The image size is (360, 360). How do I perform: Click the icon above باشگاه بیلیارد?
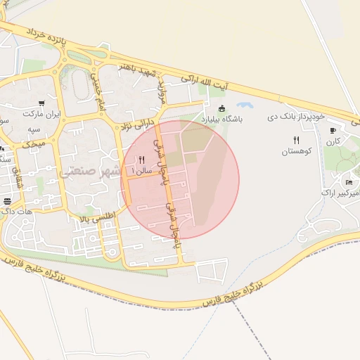click(222, 109)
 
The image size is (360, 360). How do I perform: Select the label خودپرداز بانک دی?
click(297, 115)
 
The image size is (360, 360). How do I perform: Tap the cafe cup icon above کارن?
click(333, 130)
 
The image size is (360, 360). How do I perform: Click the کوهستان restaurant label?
click(296, 151)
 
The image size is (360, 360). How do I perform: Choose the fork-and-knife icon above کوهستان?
click(296, 141)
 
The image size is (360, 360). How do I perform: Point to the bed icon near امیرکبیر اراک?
click(349, 183)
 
